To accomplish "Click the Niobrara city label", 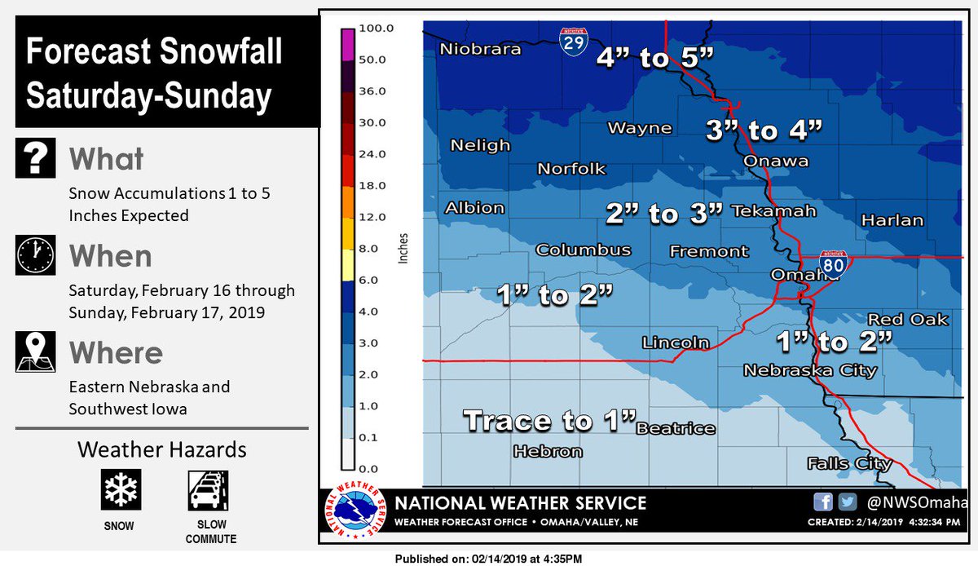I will tap(480, 50).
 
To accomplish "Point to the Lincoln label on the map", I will tap(675, 343).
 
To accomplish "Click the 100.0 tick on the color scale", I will tap(377, 28).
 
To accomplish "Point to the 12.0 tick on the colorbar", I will tap(377, 217).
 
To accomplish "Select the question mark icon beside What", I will tap(35, 158).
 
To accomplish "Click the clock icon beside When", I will tap(35, 255).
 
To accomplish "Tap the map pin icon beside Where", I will tap(35, 352).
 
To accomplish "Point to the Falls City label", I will tap(848, 464).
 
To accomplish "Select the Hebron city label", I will tap(548, 451).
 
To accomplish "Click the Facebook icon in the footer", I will tap(822, 502).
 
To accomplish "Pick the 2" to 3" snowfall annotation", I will tap(664, 214).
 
